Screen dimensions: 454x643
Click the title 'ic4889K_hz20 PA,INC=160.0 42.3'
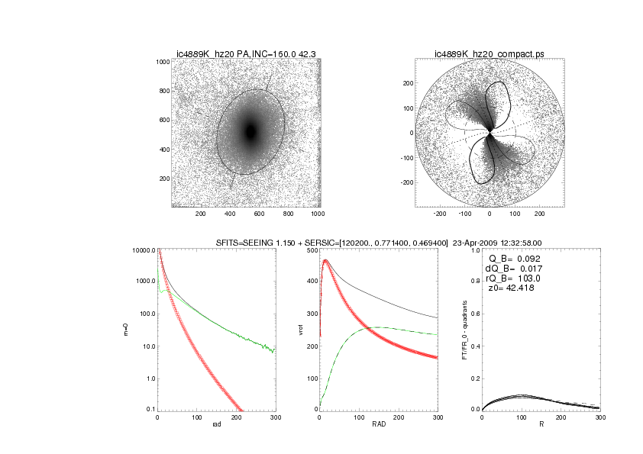point(246,53)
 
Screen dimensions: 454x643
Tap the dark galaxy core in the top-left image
point(250,132)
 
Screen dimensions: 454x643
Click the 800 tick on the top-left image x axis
point(287,214)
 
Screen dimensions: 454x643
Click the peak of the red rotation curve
point(327,261)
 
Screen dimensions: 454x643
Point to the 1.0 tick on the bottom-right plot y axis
point(474,250)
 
